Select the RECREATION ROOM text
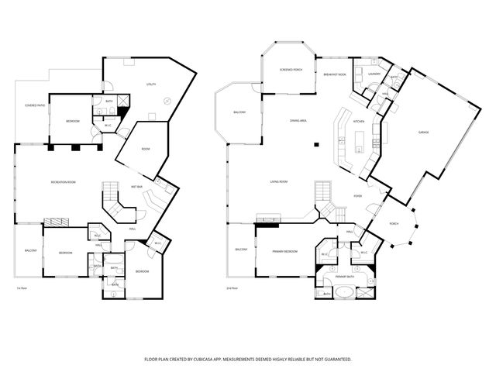[63, 181]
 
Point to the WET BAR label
[136, 186]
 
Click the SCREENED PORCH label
[291, 70]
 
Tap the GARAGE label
[424, 133]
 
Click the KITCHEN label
[359, 122]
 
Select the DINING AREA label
[299, 121]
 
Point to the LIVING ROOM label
[279, 181]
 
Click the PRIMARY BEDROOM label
[285, 252]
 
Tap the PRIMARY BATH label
[345, 277]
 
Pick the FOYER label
[359, 197]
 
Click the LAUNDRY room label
[373, 74]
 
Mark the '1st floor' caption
[22, 288]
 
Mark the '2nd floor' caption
[232, 288]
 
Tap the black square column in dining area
[316, 144]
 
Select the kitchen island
[358, 141]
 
